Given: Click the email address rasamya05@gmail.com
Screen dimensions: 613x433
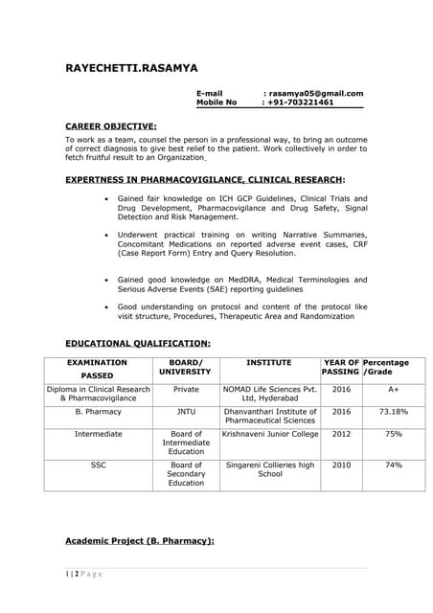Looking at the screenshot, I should [x=315, y=93].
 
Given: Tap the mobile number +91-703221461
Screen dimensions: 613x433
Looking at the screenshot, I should [x=301, y=102].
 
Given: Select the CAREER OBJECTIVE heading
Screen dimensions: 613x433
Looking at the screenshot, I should [x=110, y=125].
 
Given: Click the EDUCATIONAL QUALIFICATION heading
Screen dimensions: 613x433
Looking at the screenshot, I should [x=137, y=342].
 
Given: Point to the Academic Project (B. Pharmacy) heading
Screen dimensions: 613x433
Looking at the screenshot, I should [x=139, y=541].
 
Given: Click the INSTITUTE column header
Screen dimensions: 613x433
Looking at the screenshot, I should [x=268, y=363].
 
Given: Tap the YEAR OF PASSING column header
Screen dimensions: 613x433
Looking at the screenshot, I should [x=341, y=368].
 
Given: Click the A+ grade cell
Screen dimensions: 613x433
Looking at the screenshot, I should [x=394, y=390].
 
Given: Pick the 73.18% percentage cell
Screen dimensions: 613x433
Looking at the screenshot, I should [x=394, y=411].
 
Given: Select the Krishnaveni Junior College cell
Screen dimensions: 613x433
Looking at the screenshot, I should [x=270, y=434].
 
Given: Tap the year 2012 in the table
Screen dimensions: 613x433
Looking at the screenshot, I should [x=341, y=434].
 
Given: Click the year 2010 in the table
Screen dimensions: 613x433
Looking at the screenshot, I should [x=341, y=465].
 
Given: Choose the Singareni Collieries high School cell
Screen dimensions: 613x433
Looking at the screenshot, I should [x=270, y=469].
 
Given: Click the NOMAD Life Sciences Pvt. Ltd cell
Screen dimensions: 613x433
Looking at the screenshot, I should [x=270, y=395].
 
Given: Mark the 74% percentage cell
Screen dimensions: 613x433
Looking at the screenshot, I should [x=394, y=465].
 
